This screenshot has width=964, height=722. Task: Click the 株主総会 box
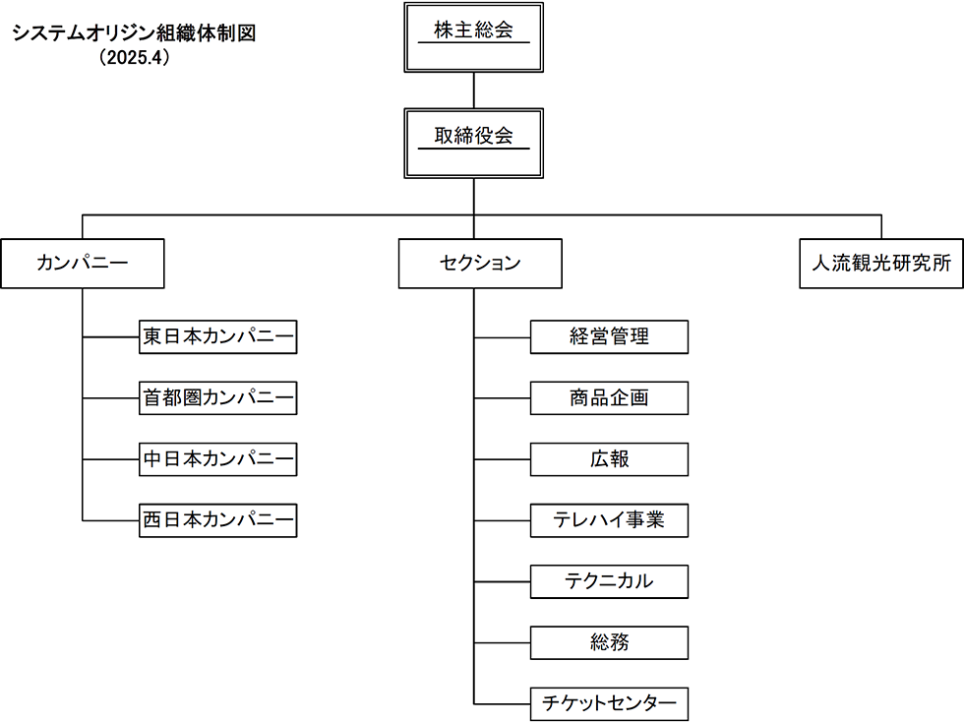(x=473, y=37)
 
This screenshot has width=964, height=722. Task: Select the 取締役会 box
(x=473, y=144)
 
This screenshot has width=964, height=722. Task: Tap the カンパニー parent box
(x=83, y=264)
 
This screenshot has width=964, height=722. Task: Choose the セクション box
(x=480, y=264)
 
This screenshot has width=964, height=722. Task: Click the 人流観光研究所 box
(x=881, y=264)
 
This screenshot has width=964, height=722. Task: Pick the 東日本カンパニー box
(x=218, y=337)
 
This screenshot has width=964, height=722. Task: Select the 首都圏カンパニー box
(x=218, y=398)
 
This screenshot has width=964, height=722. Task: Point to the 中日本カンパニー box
(x=218, y=459)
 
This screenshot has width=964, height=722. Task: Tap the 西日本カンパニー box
(x=218, y=520)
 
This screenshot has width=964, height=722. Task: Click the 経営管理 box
(x=609, y=337)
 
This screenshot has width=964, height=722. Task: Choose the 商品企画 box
(x=609, y=398)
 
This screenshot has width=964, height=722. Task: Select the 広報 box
(x=609, y=459)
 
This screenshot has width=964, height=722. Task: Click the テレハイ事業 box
(x=609, y=520)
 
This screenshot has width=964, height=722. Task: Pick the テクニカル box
(x=609, y=581)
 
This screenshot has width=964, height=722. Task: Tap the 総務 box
(x=609, y=642)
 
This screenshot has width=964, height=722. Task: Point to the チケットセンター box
(x=609, y=704)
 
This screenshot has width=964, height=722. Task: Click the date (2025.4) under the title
(x=134, y=57)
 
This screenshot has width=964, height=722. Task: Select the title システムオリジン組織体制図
(x=134, y=32)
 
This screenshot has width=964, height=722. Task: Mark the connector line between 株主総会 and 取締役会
(x=473, y=90)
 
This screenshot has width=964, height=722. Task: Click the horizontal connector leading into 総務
(x=503, y=642)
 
